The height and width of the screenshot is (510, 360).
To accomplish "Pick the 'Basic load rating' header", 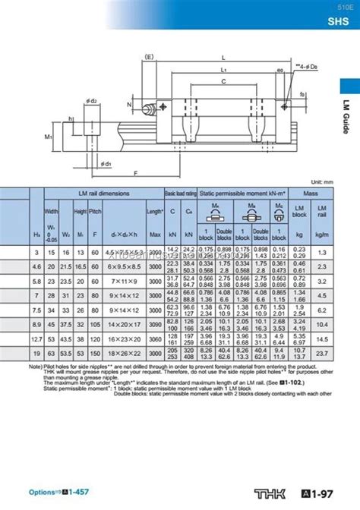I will click(x=181, y=194).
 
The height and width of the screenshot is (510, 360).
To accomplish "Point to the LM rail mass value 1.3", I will click(x=323, y=252).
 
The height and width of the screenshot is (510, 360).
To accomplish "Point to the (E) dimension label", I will click(x=149, y=56).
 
